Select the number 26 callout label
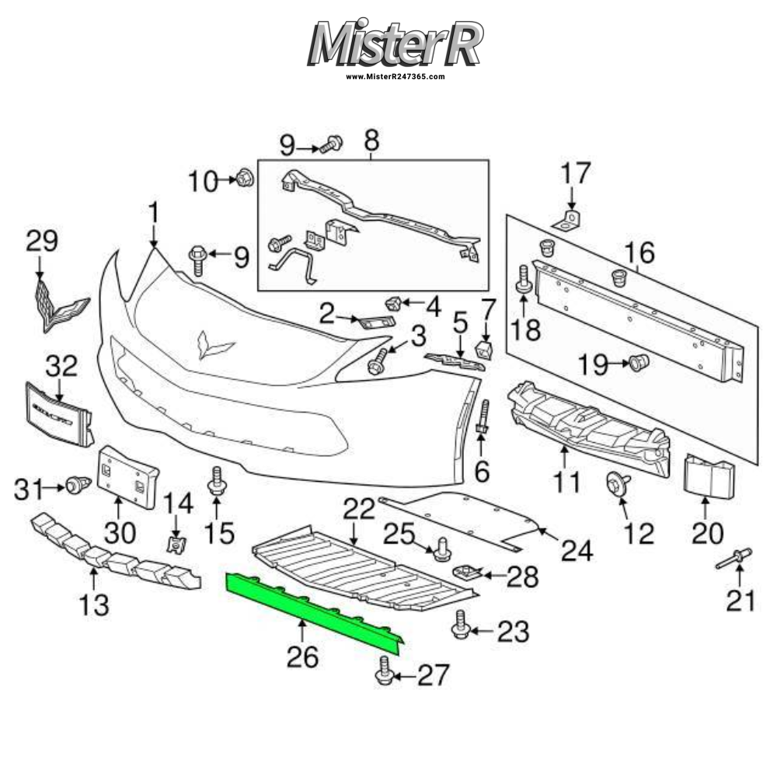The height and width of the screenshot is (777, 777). [301, 657]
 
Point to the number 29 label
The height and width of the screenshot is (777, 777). [42, 241]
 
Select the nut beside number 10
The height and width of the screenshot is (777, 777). [243, 179]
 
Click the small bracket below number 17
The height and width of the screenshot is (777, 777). [570, 221]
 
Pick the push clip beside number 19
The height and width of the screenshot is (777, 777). [639, 362]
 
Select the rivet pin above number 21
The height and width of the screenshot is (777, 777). [734, 559]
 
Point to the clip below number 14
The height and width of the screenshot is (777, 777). [178, 542]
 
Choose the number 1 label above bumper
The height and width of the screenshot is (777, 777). [153, 212]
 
